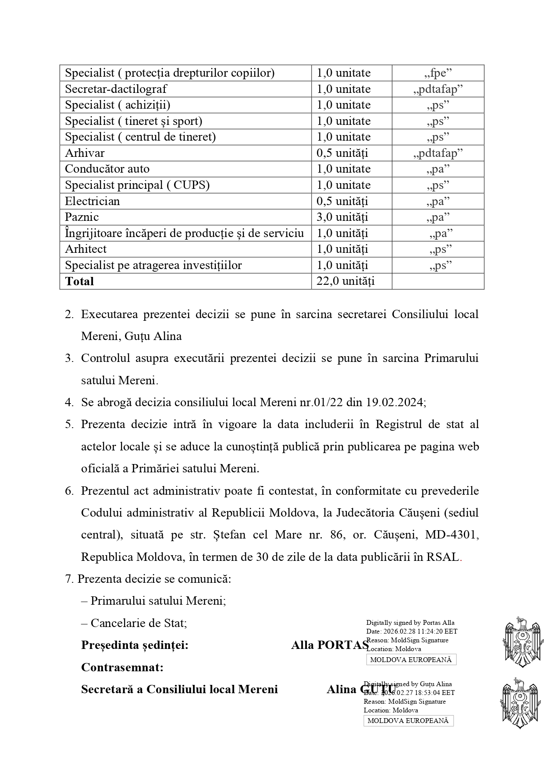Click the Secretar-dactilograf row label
tap(116, 89)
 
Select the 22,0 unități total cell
tap(345, 281)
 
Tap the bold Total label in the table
tap(79, 281)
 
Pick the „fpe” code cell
tap(438, 73)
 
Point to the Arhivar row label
tap(85, 153)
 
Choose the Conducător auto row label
tap(107, 169)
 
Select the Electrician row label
tap(92, 201)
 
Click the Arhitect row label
tap(85, 249)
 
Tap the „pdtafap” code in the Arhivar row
tap(438, 153)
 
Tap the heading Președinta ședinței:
tap(135, 645)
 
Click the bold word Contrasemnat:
tap(122, 667)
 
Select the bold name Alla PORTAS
tap(330, 645)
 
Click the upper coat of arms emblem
tap(520, 641)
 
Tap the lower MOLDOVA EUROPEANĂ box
tap(408, 721)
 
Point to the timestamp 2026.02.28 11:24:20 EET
tap(420, 631)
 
